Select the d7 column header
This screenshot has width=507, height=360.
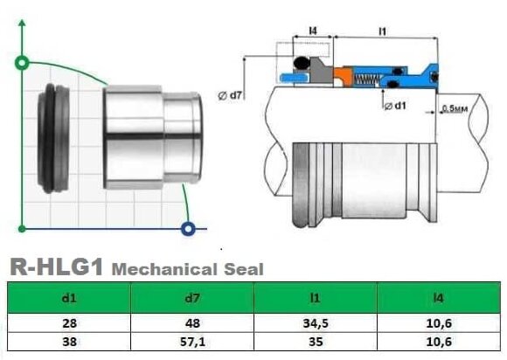(192, 299)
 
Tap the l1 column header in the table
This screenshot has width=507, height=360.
(316, 299)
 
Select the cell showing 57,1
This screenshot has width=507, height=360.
(192, 342)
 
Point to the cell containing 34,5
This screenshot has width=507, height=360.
(316, 322)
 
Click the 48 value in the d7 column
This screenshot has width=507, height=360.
(192, 322)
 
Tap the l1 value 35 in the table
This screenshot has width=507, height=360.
(316, 342)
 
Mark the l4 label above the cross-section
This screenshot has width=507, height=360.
(313, 31)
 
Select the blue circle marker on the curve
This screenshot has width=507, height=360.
(187, 230)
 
